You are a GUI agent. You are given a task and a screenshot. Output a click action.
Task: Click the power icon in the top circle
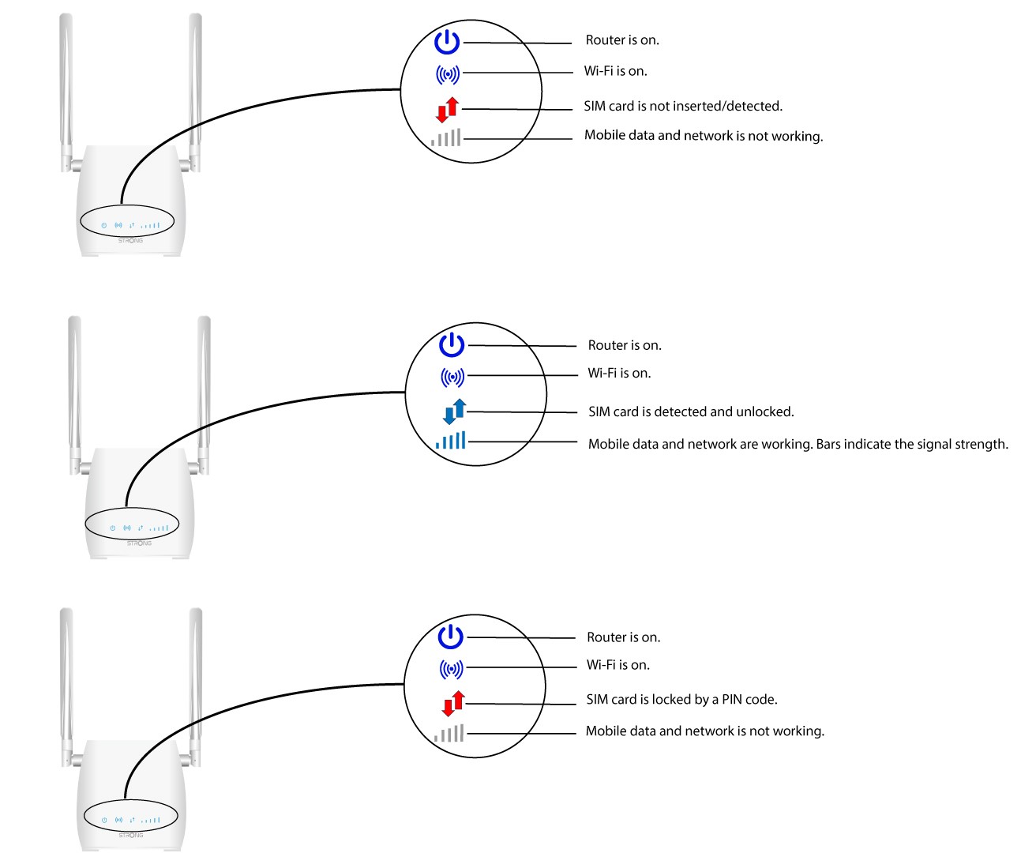(x=447, y=42)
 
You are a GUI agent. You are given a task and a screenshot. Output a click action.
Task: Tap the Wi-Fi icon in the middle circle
(x=452, y=377)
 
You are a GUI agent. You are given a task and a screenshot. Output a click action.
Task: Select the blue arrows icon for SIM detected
(x=454, y=411)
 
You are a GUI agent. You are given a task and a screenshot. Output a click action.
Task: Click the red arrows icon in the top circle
(x=447, y=110)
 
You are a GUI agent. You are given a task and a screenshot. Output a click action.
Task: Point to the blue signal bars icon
(x=450, y=440)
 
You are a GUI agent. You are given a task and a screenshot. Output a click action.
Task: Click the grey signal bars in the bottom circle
(x=449, y=733)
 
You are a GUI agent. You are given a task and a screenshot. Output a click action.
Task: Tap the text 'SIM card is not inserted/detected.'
(x=683, y=106)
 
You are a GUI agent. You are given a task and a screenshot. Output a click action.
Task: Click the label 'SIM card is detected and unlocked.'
(x=691, y=411)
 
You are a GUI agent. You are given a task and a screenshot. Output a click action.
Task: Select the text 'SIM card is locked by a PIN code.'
(x=681, y=700)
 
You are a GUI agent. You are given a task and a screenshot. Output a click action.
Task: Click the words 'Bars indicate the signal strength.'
(x=912, y=444)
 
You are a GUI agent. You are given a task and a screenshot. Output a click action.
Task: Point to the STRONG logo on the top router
(x=130, y=241)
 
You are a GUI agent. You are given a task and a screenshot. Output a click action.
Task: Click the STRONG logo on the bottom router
(x=130, y=835)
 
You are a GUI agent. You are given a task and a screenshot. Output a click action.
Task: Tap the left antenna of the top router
(x=66, y=93)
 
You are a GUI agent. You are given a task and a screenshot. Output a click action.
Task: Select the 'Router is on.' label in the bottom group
(x=624, y=637)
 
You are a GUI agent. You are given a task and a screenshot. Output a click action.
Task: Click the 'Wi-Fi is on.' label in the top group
(x=616, y=71)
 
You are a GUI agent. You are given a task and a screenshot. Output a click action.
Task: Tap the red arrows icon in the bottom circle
(x=453, y=704)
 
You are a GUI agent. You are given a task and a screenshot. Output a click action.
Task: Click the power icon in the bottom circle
(x=450, y=637)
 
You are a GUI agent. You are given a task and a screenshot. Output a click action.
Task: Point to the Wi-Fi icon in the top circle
(x=448, y=74)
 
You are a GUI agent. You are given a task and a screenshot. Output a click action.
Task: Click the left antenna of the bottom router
(x=67, y=687)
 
